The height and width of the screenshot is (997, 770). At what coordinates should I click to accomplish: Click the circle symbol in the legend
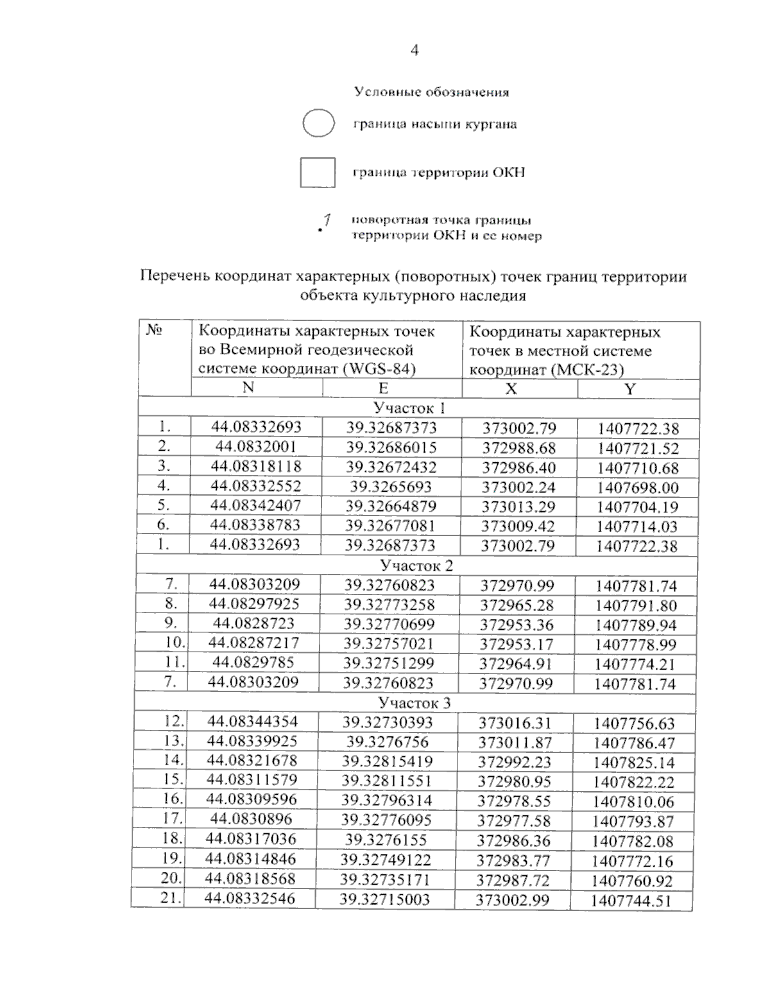(318, 123)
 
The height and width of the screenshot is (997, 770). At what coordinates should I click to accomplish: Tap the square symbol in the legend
(318, 172)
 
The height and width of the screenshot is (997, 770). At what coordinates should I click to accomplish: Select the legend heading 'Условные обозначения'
(432, 92)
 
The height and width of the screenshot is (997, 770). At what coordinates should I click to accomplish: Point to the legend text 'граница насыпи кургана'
(435, 124)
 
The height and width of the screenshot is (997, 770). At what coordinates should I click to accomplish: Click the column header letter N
(248, 387)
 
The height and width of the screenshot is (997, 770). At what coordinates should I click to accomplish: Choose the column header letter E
(383, 388)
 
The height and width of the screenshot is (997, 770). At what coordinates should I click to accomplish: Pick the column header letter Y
(630, 389)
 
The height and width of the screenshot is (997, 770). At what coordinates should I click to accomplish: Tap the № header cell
(155, 330)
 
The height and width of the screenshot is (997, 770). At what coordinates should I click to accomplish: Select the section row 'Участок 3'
(414, 702)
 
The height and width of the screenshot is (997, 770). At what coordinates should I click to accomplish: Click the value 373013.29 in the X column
(518, 507)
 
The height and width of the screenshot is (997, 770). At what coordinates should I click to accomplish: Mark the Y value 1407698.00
(637, 487)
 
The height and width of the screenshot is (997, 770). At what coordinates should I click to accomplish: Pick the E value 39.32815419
(387, 761)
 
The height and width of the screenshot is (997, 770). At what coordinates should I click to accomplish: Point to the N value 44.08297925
(254, 603)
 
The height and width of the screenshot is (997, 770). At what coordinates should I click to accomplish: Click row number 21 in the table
(170, 897)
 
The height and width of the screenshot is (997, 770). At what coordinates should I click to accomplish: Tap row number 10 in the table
(175, 642)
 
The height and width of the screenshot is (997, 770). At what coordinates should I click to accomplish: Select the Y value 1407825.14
(634, 763)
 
